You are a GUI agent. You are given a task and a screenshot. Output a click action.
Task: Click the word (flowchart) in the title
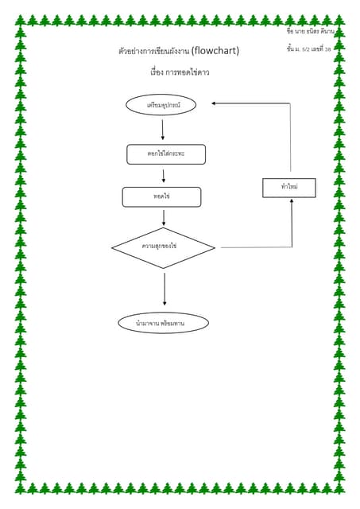(x=215, y=51)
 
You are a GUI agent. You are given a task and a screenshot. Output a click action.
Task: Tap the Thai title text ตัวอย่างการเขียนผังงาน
(x=153, y=52)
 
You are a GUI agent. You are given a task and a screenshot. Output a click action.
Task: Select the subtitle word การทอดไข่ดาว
(x=187, y=72)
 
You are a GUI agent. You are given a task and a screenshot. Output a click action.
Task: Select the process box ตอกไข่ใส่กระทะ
(x=166, y=154)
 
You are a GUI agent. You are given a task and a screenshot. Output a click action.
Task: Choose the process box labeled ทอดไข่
(x=161, y=196)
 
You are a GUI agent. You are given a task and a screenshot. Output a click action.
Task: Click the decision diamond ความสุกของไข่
(x=163, y=248)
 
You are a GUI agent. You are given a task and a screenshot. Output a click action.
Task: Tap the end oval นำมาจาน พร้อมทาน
(x=163, y=323)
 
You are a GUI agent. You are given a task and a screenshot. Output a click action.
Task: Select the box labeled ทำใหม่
(x=288, y=188)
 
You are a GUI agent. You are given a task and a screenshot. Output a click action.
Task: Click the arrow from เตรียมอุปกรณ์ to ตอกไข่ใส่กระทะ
(x=163, y=130)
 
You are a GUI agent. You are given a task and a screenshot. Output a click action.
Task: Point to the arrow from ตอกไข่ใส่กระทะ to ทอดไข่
(x=164, y=176)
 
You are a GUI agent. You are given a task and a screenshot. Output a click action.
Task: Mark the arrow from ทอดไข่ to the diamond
(x=164, y=217)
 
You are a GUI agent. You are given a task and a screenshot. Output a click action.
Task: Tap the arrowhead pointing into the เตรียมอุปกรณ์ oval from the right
(x=215, y=103)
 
